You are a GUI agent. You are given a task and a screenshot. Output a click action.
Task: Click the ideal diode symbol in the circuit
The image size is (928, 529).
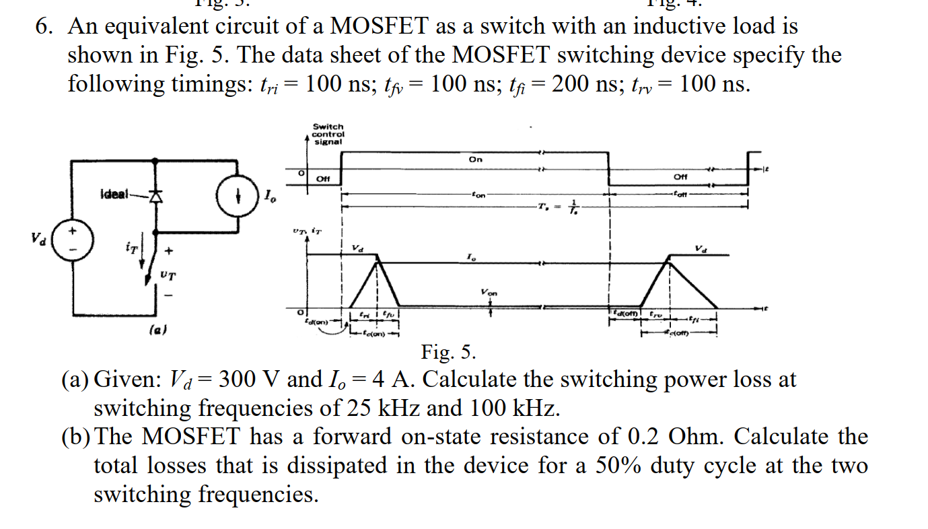(x=156, y=197)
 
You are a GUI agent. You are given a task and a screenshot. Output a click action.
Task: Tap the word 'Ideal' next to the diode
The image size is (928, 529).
(x=113, y=195)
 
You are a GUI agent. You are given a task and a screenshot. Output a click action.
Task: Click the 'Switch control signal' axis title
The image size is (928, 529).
(x=328, y=134)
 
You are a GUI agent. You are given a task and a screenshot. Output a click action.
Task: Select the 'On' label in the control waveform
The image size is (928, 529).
(x=476, y=160)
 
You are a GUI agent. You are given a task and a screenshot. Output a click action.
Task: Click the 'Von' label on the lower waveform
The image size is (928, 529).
(x=489, y=293)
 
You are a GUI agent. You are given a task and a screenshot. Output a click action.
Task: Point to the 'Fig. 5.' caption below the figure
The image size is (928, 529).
(x=449, y=352)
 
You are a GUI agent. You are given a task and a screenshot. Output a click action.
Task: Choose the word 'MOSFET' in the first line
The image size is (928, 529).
(x=381, y=26)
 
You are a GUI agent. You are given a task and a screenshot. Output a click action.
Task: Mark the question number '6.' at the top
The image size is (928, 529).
(x=46, y=27)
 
